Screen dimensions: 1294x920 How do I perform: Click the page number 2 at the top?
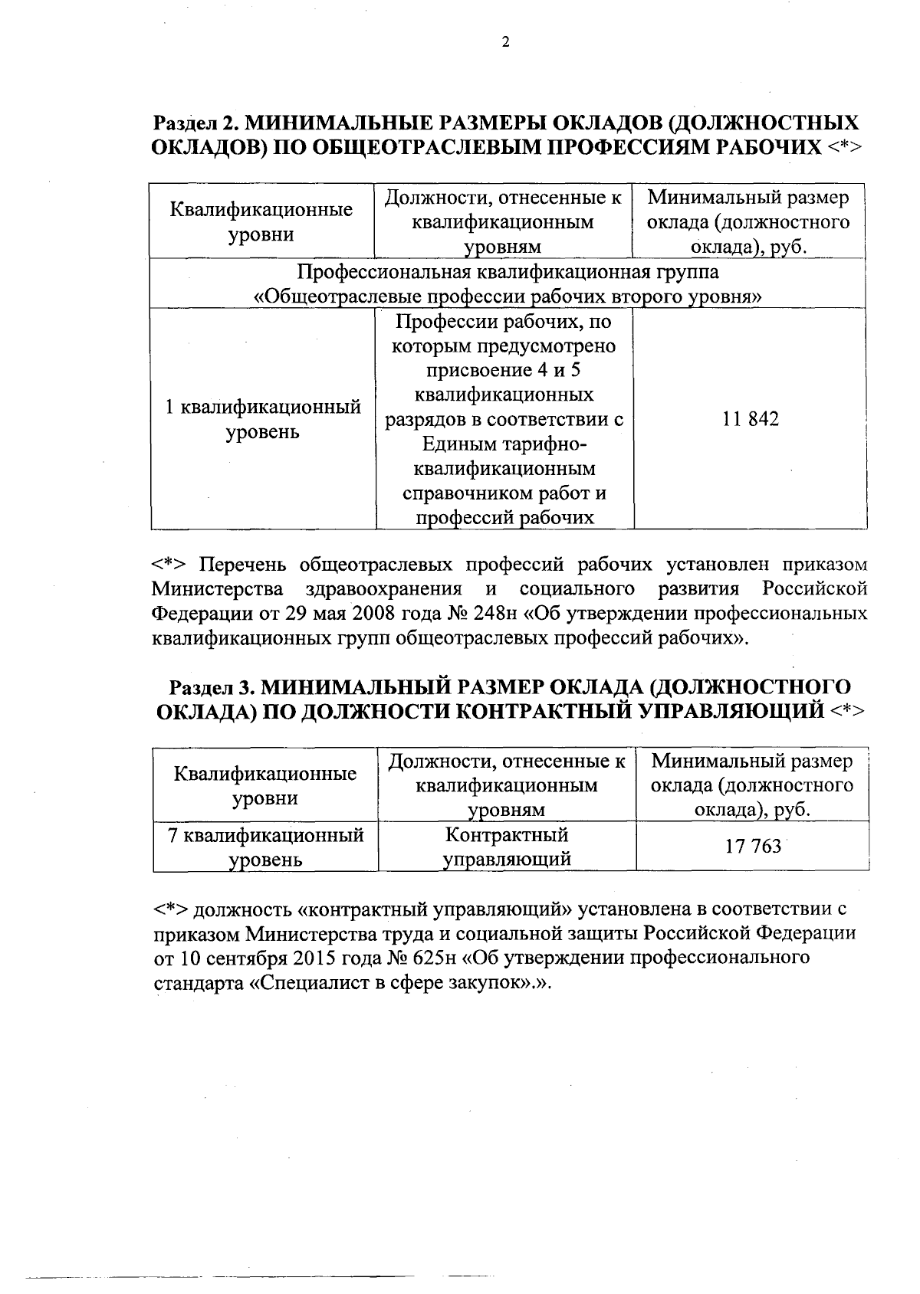[504, 43]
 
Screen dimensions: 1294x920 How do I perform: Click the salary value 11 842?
[750, 419]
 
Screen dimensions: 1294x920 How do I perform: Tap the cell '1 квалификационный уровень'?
[263, 419]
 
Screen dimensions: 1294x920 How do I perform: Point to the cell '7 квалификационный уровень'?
[265, 846]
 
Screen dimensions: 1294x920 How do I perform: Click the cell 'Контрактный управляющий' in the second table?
[507, 846]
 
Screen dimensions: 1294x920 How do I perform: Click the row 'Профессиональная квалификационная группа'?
[507, 273]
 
